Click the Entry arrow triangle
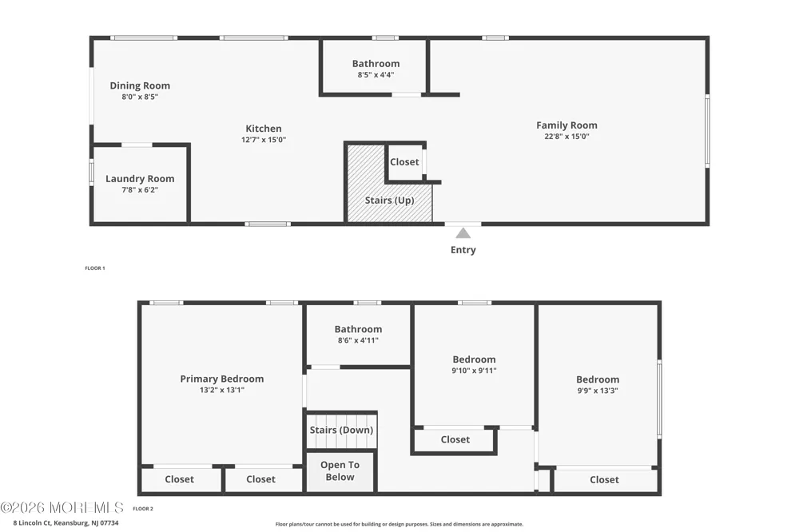coord(463,233)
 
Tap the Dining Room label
coord(140,85)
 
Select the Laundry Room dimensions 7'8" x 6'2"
coord(140,190)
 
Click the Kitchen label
coord(264,129)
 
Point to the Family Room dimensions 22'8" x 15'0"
coord(566,137)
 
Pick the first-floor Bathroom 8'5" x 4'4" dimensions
coord(376,75)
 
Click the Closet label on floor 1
coord(404,162)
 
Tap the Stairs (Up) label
coord(389,200)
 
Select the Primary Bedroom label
coord(221,379)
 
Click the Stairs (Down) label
coord(341,430)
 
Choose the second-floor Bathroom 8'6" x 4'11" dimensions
coord(358,340)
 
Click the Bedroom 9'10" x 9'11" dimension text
coord(474,371)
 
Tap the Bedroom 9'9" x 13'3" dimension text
coord(598,391)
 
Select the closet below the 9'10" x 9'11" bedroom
coord(455,440)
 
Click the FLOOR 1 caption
coord(95,268)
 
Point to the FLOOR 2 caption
coord(143,509)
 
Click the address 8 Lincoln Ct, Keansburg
coord(66,523)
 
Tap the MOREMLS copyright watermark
coord(62,507)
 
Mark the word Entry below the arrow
coord(463,250)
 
